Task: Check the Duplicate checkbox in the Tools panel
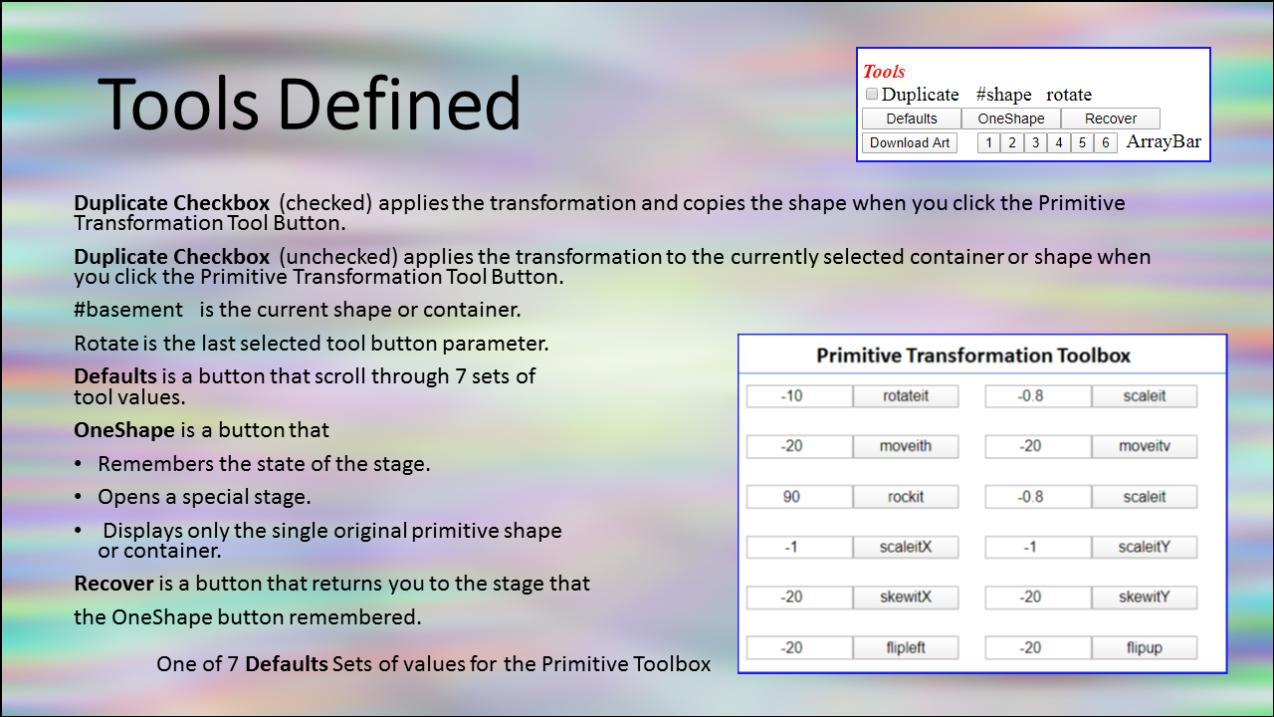coord(871,94)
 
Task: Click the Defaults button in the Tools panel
coord(911,119)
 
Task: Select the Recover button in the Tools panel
coord(1110,119)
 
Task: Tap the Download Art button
coord(910,142)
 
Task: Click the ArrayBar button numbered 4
coord(1058,142)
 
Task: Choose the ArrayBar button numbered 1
coord(988,142)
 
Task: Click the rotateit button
coord(906,396)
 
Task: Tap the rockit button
coord(906,497)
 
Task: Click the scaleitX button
coord(906,547)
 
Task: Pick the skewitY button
coord(1145,597)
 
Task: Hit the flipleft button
coord(906,647)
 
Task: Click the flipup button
coord(1145,647)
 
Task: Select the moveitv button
coord(1145,446)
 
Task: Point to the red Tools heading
coord(884,71)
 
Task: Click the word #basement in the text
coord(128,310)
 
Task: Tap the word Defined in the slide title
coord(399,104)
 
